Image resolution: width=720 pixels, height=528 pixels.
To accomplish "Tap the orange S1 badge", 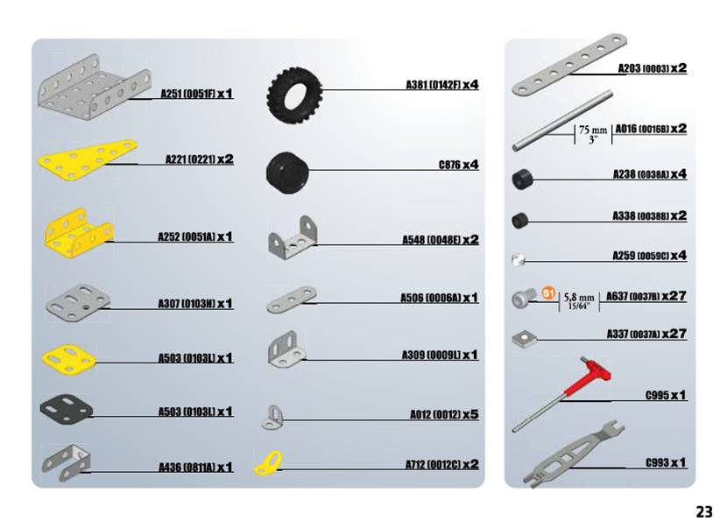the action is (548, 293).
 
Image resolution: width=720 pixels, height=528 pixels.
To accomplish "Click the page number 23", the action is (704, 511).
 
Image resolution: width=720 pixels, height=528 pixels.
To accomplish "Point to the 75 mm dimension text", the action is (593, 130).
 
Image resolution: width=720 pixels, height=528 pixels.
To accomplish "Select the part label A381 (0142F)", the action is (433, 84).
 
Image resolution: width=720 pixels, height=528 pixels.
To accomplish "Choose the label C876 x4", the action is (458, 165).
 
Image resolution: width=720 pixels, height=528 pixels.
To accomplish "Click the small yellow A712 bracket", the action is (269, 464).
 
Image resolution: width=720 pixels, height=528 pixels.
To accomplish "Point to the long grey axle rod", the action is (562, 120).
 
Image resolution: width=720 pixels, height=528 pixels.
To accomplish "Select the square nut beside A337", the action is (524, 339).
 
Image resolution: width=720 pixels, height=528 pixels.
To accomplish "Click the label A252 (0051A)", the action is (186, 237).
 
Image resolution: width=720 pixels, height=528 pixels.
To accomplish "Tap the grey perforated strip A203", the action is (569, 65).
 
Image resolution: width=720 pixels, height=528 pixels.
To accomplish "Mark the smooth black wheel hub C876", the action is (287, 172).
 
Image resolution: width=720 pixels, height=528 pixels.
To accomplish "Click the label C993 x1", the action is (666, 462).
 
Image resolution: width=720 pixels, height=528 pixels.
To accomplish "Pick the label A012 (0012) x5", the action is (444, 414).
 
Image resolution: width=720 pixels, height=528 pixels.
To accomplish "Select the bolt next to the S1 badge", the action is (524, 298).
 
